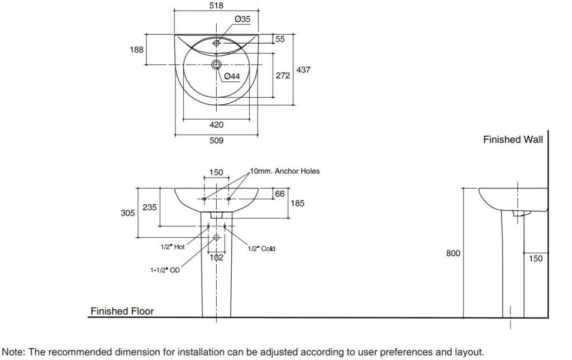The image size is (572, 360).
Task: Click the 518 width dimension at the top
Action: pyautogui.click(x=216, y=6)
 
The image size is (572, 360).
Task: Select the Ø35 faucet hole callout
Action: pyautogui.click(x=242, y=19)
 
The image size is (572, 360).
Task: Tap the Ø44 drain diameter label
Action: pyautogui.click(x=232, y=76)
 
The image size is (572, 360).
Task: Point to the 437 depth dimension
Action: pyautogui.click(x=303, y=70)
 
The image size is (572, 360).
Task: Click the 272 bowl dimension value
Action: pyautogui.click(x=283, y=75)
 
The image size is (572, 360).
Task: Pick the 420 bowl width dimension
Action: pyautogui.click(x=216, y=124)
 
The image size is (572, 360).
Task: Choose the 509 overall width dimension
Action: pyautogui.click(x=216, y=140)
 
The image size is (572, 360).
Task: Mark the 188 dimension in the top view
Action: pyautogui.click(x=136, y=50)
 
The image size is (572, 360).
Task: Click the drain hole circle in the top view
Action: pyautogui.click(x=216, y=65)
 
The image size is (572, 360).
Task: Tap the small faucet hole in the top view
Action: pyautogui.click(x=216, y=43)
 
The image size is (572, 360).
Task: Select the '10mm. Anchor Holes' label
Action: pyautogui.click(x=285, y=171)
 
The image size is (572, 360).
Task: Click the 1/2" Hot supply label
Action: pyautogui.click(x=173, y=247)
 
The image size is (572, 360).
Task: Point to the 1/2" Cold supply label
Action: pyautogui.click(x=261, y=248)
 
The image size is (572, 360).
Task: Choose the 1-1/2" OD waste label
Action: pyautogui.click(x=165, y=270)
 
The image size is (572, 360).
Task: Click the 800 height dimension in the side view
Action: pyautogui.click(x=453, y=253)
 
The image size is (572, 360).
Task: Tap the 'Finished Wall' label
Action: pyautogui.click(x=513, y=140)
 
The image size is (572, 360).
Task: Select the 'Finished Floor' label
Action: pyautogui.click(x=122, y=311)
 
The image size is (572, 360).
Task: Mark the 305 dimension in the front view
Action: pyautogui.click(x=128, y=213)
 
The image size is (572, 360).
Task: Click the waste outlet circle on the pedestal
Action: pyautogui.click(x=216, y=238)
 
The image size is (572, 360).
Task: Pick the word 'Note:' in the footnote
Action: pyautogui.click(x=13, y=352)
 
